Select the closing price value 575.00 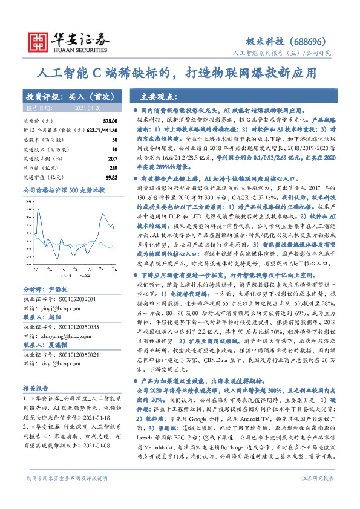111,122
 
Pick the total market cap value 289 113,167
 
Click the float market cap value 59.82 111,177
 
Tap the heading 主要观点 158,96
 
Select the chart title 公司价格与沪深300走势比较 64,190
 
